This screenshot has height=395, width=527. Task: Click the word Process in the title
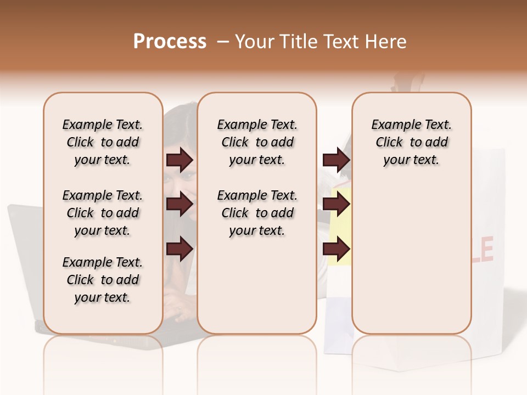(x=170, y=42)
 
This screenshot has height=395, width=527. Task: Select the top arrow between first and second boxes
(x=180, y=160)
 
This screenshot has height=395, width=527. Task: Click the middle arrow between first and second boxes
(x=180, y=204)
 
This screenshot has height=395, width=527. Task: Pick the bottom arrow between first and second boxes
(x=180, y=249)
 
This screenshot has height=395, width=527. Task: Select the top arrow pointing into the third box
(x=336, y=160)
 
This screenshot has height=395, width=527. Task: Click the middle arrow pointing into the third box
(x=336, y=204)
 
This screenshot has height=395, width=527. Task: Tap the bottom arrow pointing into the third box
(x=336, y=249)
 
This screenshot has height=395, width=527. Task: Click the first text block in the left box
(x=103, y=142)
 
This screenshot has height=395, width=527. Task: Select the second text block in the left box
(x=103, y=213)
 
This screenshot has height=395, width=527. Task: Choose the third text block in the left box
(x=103, y=280)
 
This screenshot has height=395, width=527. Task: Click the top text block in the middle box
(x=257, y=142)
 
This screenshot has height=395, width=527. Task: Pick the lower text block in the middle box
(x=257, y=213)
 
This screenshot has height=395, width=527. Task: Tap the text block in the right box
(x=411, y=142)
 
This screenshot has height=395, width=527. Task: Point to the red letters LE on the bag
(x=483, y=250)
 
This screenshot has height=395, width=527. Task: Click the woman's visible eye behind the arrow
(x=187, y=177)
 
